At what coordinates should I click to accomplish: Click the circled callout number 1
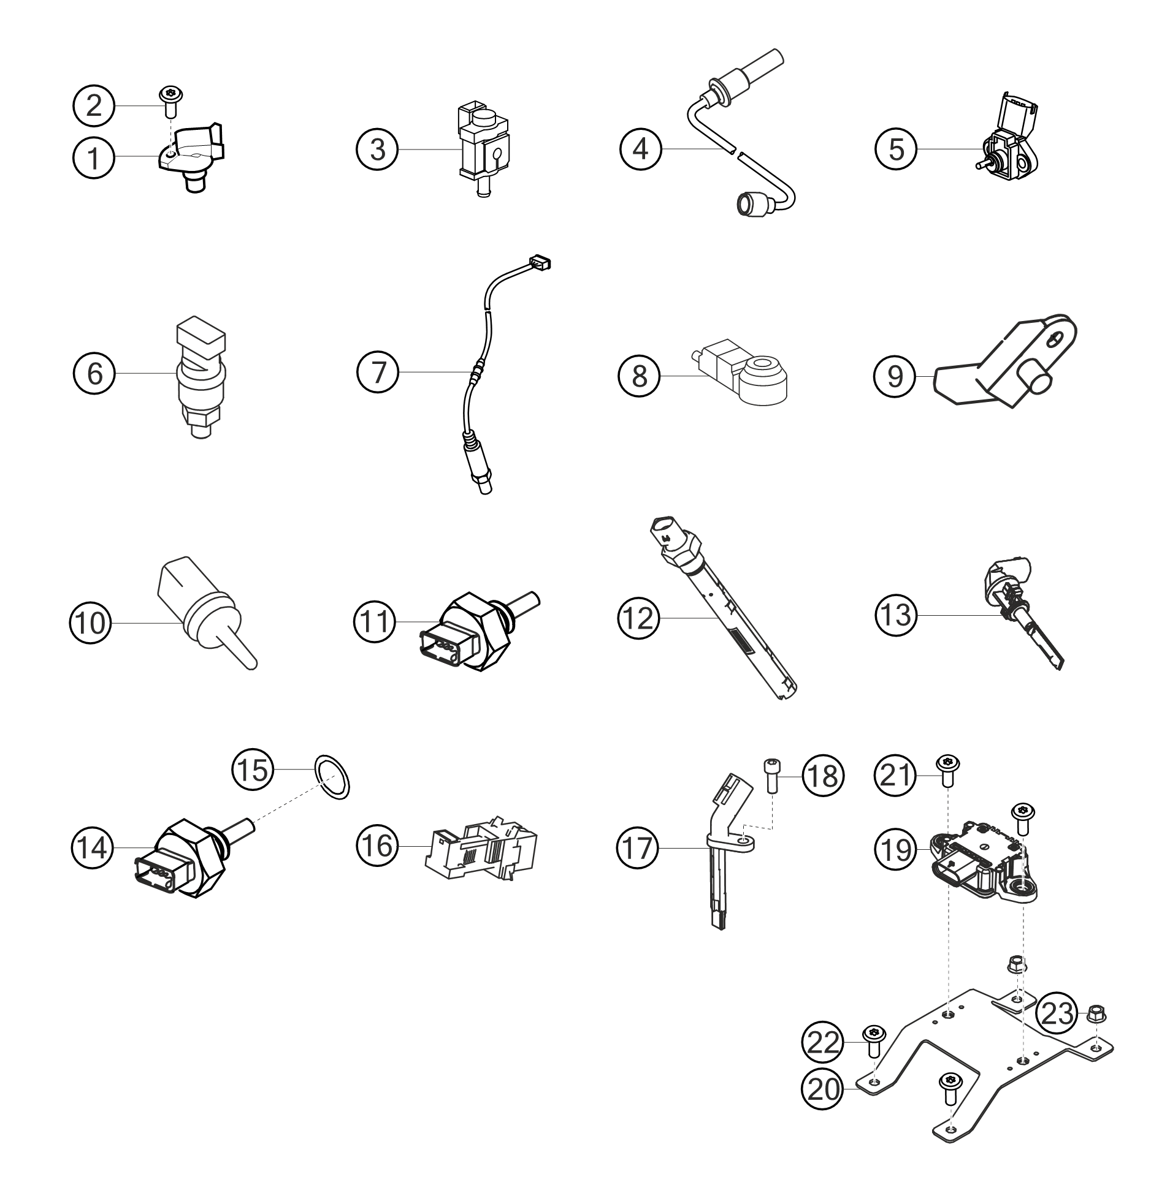[94, 157]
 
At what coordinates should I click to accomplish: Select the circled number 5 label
[897, 149]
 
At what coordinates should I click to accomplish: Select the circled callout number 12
[638, 618]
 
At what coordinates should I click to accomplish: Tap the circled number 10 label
[90, 623]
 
